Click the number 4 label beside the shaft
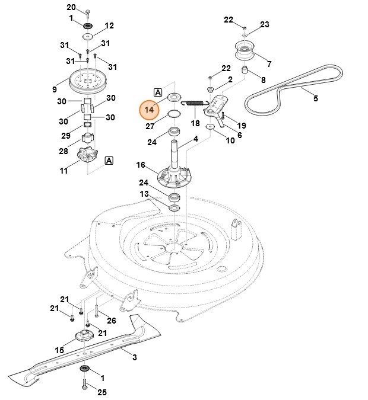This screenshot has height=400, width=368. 195,140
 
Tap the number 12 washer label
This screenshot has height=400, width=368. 109,25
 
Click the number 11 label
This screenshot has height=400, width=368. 64,171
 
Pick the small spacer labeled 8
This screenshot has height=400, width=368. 243,71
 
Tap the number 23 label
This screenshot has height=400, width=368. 265,24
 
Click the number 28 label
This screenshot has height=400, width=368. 64,151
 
